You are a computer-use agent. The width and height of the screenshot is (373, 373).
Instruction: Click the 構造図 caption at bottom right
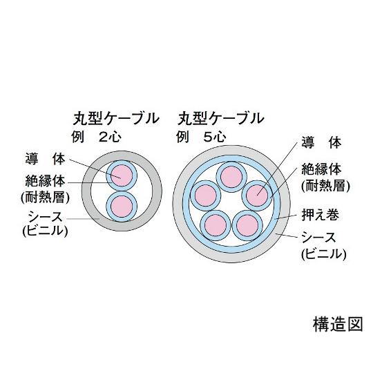coord(338,324)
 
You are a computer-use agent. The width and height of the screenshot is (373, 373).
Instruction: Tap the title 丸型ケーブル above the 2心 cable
coord(116,119)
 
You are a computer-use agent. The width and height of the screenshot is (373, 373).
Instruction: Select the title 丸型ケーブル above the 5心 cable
coord(221,119)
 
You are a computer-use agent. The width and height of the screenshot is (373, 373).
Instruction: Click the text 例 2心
coord(96,137)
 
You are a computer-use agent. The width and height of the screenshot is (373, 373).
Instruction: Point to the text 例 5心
coord(201,137)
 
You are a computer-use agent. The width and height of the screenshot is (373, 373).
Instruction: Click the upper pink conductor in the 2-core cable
coord(122,175)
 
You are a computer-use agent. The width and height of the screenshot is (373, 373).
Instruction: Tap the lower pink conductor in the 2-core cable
coord(122,207)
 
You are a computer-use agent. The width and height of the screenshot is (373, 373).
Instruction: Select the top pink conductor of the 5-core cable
coord(231,177)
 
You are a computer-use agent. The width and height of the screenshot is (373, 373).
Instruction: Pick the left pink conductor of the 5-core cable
coord(206,195)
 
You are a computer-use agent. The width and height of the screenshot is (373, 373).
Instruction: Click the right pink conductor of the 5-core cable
coord(257,195)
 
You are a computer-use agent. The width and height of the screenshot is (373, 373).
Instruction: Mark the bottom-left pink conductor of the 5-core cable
coord(216,225)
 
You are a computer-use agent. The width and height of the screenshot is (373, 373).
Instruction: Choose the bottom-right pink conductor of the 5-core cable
coord(247,225)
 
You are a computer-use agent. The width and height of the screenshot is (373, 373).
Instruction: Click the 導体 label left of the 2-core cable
coord(45,159)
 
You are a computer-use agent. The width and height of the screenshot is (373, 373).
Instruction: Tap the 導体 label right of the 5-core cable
coord(321,142)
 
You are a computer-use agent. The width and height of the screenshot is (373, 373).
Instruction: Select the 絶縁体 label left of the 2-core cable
coord(45,181)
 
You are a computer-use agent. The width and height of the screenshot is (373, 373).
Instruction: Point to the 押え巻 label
coord(320,215)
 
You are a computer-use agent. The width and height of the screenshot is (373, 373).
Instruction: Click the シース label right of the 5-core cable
coord(319,238)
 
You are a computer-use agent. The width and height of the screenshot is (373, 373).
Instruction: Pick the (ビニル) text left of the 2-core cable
coord(45,230)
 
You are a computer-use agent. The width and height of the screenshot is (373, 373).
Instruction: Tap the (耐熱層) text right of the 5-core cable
coord(325,186)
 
